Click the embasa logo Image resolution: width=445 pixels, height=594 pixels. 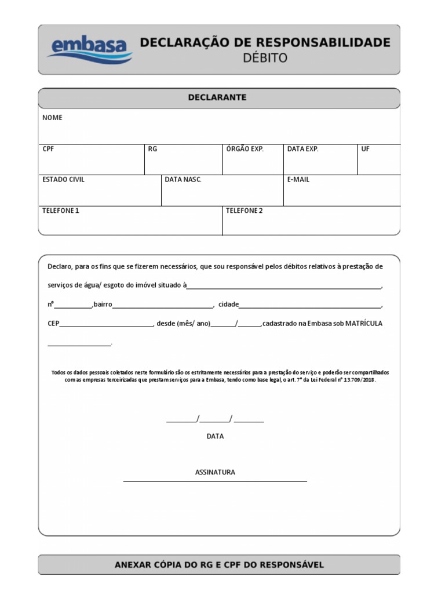(90, 49)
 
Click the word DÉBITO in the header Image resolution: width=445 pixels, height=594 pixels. (264, 58)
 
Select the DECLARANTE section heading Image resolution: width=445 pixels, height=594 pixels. (217, 97)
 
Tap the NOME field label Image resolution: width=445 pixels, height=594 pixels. (52, 118)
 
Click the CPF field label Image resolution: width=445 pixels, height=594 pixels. (48, 149)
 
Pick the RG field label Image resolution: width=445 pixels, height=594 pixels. (152, 149)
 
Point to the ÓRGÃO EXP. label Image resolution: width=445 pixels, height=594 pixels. (245, 149)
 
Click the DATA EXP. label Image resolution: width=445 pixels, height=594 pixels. (302, 149)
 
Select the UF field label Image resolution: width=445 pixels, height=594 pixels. (365, 149)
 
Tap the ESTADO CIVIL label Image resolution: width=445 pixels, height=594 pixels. (63, 180)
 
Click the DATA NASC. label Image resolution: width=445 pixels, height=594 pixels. (183, 180)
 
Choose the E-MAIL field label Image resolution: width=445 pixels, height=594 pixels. (298, 180)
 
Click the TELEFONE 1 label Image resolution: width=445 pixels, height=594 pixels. (60, 211)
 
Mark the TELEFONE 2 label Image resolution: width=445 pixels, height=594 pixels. (244, 211)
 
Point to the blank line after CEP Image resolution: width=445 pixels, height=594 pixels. (106, 326)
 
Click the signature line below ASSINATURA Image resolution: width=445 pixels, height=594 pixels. (215, 481)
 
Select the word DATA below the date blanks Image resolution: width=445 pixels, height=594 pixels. (215, 436)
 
